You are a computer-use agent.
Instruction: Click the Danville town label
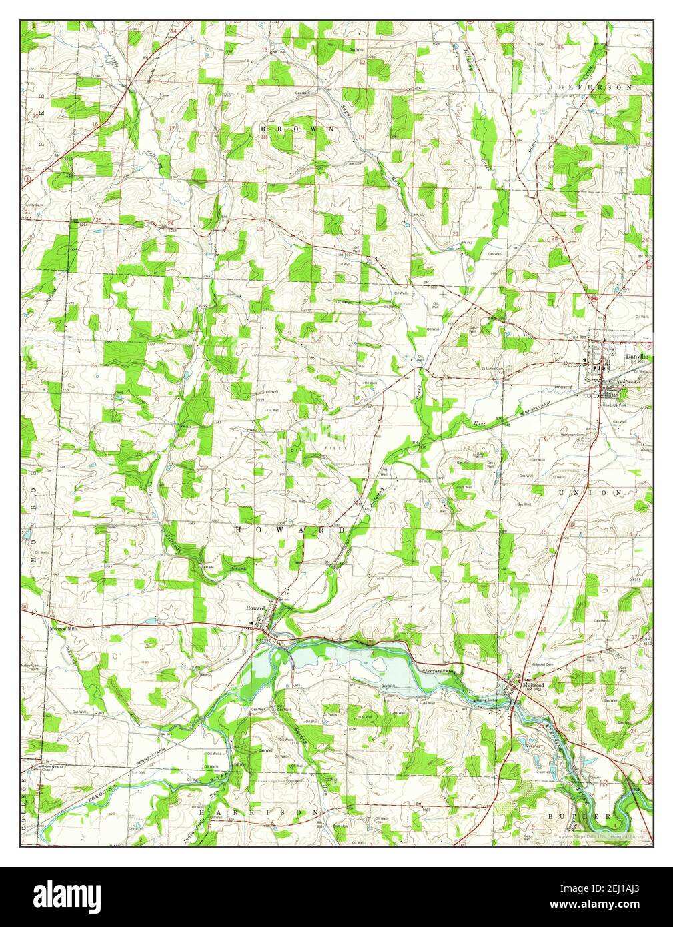point(637,357)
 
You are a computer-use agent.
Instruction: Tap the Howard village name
point(255,608)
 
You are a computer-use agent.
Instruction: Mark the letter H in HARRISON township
point(202,813)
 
